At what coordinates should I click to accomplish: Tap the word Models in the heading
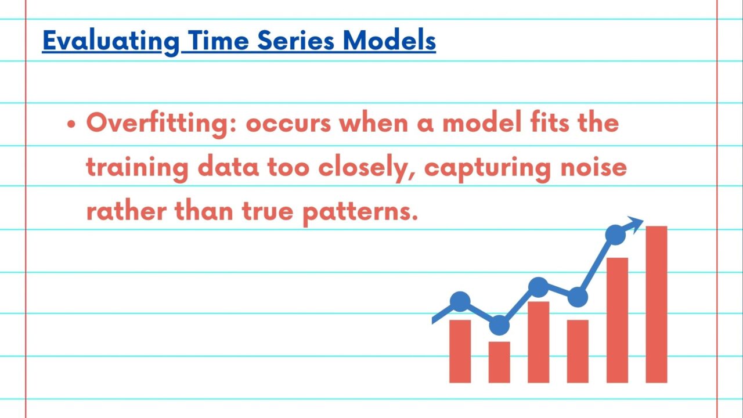coord(389,41)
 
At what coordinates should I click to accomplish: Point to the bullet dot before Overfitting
coord(71,125)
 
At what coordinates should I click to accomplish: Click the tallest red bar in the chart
coord(656,304)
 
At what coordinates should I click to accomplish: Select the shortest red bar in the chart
coord(499,362)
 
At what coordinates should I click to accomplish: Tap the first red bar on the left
coord(460,351)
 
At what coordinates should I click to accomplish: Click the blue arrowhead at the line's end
coord(636,224)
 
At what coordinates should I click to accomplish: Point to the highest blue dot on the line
coord(615,235)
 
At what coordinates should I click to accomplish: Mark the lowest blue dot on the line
coord(499,326)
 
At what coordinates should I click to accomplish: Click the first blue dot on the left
coord(460,301)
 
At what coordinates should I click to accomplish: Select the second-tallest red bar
coord(617,320)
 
